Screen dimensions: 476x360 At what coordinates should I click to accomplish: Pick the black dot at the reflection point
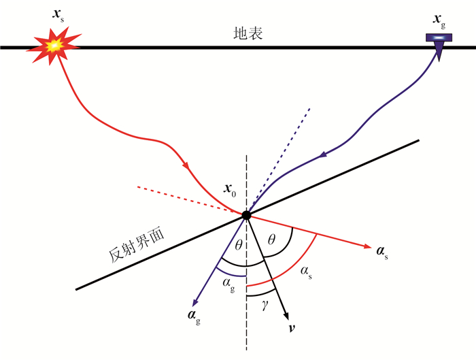[x=246, y=215]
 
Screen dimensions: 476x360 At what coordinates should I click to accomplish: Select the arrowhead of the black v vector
[x=288, y=314]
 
